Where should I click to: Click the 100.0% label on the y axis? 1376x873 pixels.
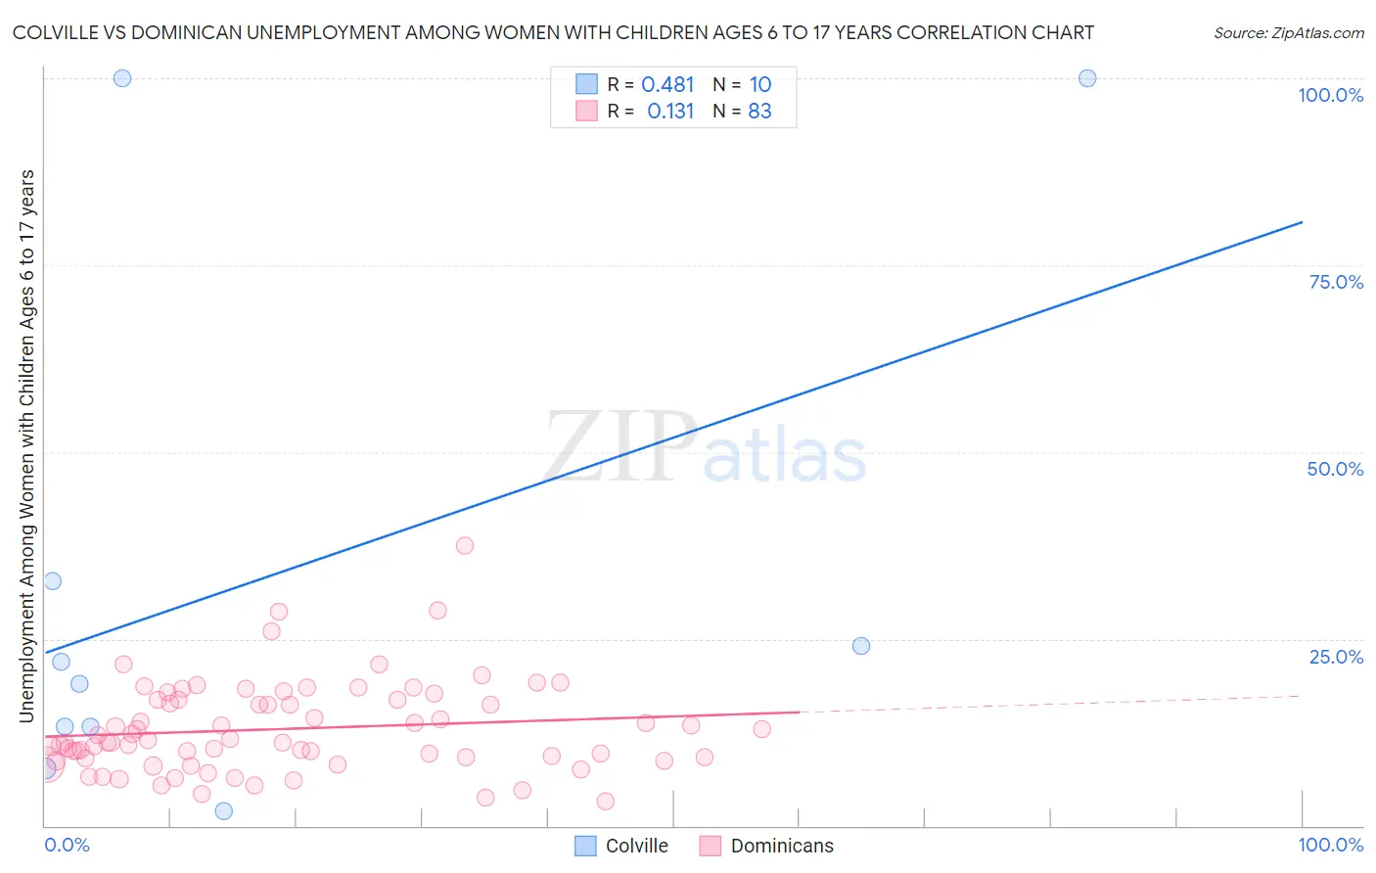click(1330, 95)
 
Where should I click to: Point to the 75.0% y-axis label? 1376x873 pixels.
click(1336, 282)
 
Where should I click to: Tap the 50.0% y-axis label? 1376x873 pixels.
click(1335, 469)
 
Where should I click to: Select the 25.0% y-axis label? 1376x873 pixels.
click(1336, 657)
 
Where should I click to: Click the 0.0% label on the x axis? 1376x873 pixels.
click(67, 845)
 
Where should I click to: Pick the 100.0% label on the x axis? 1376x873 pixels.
click(1330, 845)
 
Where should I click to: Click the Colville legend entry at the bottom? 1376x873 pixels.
click(636, 846)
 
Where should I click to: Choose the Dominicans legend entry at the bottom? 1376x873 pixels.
click(782, 846)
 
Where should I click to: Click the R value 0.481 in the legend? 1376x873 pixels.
click(667, 85)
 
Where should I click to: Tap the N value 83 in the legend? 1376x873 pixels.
click(759, 112)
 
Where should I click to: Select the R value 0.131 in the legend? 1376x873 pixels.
click(670, 112)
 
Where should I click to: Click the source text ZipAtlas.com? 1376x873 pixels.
click(1288, 33)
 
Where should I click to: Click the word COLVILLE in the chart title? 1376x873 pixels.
click(58, 33)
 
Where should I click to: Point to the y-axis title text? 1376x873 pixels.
click(26, 446)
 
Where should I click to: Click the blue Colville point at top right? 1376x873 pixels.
click(1087, 78)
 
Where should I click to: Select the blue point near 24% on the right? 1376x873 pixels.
click(861, 646)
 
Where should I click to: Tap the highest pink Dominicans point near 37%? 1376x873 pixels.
click(465, 545)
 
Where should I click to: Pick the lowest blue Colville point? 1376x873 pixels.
click(224, 810)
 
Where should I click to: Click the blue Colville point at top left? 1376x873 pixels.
click(122, 78)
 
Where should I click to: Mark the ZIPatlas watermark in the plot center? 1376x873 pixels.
click(706, 448)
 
